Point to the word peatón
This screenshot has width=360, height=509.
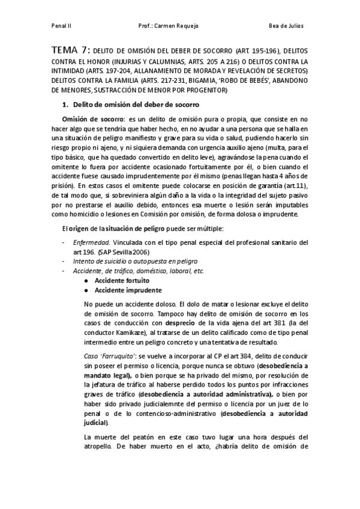(151, 436)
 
